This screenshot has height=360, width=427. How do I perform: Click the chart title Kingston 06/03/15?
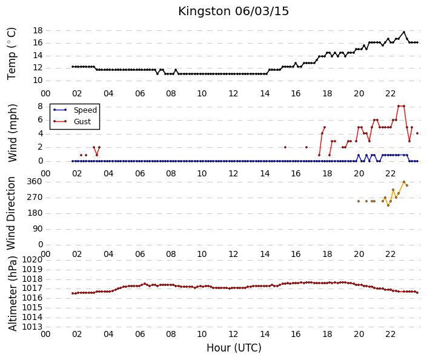[x=233, y=12]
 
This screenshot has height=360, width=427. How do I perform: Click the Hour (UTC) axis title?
[x=234, y=348]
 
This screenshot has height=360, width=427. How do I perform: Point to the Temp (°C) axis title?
[x=12, y=54]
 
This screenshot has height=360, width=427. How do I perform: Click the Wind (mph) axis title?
[x=13, y=133]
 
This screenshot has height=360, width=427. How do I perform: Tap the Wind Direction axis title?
[x=11, y=213]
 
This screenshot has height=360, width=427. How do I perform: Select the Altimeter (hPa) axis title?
[x=13, y=293]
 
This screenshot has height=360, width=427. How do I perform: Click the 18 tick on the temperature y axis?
[x=38, y=30]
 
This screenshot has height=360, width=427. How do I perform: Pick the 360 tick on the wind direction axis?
[x=35, y=182]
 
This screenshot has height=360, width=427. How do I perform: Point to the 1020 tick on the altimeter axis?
[x=33, y=260]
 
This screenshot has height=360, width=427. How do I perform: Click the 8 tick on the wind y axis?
[x=41, y=106]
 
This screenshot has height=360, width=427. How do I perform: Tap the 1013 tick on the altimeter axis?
[x=33, y=327]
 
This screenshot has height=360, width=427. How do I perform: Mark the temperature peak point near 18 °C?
[x=404, y=32]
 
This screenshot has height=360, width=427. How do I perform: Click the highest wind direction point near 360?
[x=404, y=182]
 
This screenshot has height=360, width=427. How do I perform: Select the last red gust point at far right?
[x=417, y=133]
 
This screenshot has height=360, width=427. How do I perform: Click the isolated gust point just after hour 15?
[x=285, y=147]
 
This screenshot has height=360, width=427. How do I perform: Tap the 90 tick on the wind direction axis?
[x=38, y=229]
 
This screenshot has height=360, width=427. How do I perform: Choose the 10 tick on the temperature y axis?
[x=38, y=81]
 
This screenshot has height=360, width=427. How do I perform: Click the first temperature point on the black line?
[x=73, y=67]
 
